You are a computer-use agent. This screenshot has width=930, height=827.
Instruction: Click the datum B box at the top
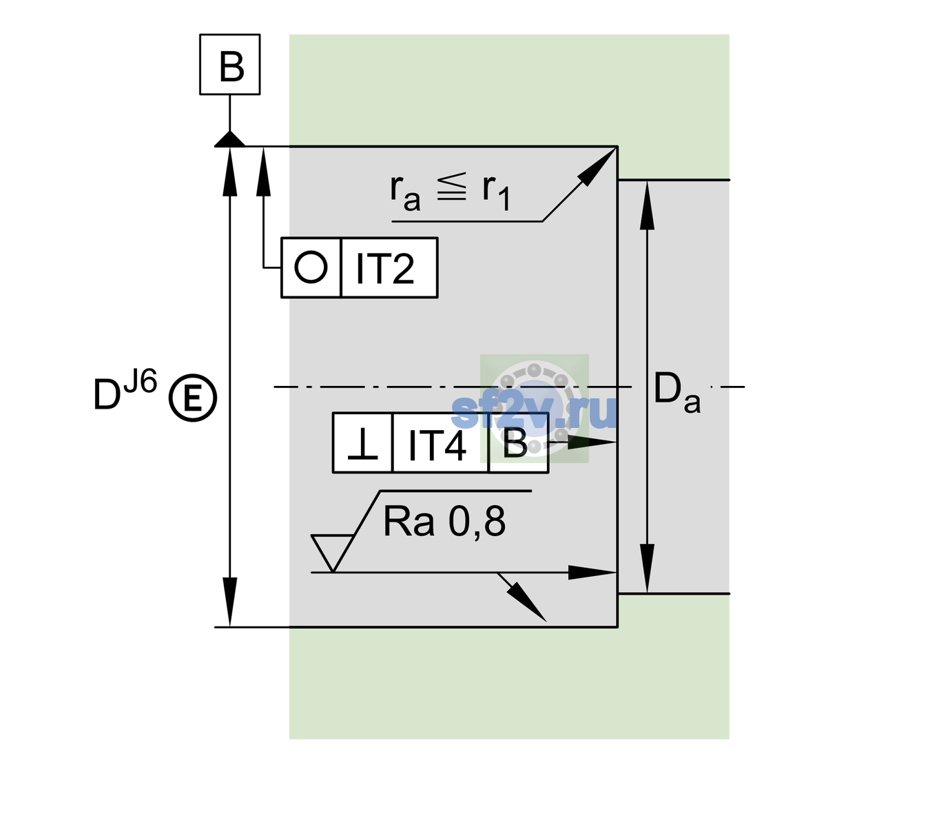pos(229,64)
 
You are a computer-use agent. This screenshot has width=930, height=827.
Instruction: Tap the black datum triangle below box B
pos(229,139)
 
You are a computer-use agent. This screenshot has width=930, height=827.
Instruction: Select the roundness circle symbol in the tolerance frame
pos(311,267)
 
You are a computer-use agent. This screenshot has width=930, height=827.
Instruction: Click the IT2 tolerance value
pos(384,268)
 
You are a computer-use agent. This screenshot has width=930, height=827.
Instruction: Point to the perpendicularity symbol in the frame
pos(362,444)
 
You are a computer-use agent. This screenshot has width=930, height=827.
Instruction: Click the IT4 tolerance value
pos(437,445)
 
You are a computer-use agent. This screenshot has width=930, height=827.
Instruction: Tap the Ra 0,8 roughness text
pos(444,521)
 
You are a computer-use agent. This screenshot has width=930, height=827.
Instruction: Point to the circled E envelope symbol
pos(193,398)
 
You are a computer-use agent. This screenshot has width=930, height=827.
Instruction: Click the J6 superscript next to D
pos(141,381)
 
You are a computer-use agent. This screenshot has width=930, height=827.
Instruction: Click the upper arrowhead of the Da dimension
pos(648,205)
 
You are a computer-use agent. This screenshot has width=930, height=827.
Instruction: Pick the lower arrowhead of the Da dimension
pos(648,568)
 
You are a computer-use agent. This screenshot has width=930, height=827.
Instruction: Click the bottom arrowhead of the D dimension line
pos(229,602)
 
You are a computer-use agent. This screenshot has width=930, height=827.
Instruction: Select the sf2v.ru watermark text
pos(535,411)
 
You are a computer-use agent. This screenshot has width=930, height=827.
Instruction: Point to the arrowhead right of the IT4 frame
pos(592,442)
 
